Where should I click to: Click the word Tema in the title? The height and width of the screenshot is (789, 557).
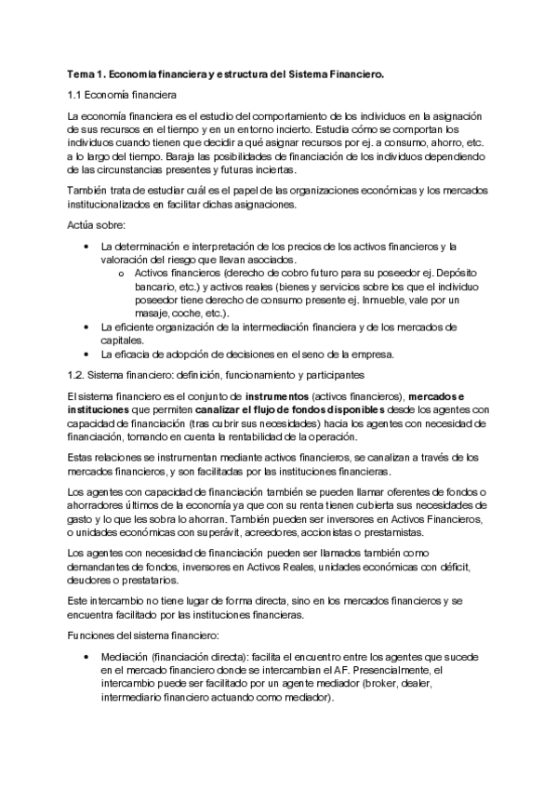click(83, 73)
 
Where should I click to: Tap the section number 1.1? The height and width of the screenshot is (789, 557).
click(77, 96)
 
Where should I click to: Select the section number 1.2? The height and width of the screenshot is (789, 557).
click(79, 375)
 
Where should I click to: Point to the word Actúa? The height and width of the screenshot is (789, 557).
click(85, 226)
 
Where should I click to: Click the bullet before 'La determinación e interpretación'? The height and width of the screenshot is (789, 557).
click(86, 247)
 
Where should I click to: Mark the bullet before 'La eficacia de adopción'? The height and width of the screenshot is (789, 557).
click(86, 354)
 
